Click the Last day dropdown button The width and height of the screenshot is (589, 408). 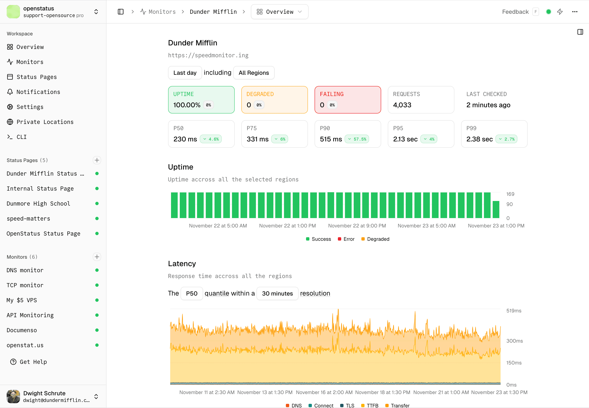click(185, 73)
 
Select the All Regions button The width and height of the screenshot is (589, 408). click(254, 73)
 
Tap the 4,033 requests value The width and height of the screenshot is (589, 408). click(402, 105)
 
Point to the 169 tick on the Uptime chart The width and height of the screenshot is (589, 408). click(510, 194)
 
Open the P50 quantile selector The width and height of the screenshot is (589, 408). click(191, 293)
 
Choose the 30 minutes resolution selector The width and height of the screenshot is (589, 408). click(277, 293)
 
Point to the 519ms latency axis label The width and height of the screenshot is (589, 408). click(514, 311)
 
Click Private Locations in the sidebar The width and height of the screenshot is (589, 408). click(45, 122)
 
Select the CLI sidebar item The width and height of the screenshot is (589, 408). click(21, 137)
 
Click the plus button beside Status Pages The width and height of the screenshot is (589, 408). click(97, 160)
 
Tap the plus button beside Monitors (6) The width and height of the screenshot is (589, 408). click(97, 257)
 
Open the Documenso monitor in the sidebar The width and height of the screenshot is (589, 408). click(22, 330)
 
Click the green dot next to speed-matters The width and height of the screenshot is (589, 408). click(97, 218)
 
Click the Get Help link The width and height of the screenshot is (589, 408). click(33, 362)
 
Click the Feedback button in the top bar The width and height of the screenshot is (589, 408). click(515, 12)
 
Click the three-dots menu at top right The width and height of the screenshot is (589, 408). click(575, 12)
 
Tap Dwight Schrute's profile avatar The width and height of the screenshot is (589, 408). click(13, 396)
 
